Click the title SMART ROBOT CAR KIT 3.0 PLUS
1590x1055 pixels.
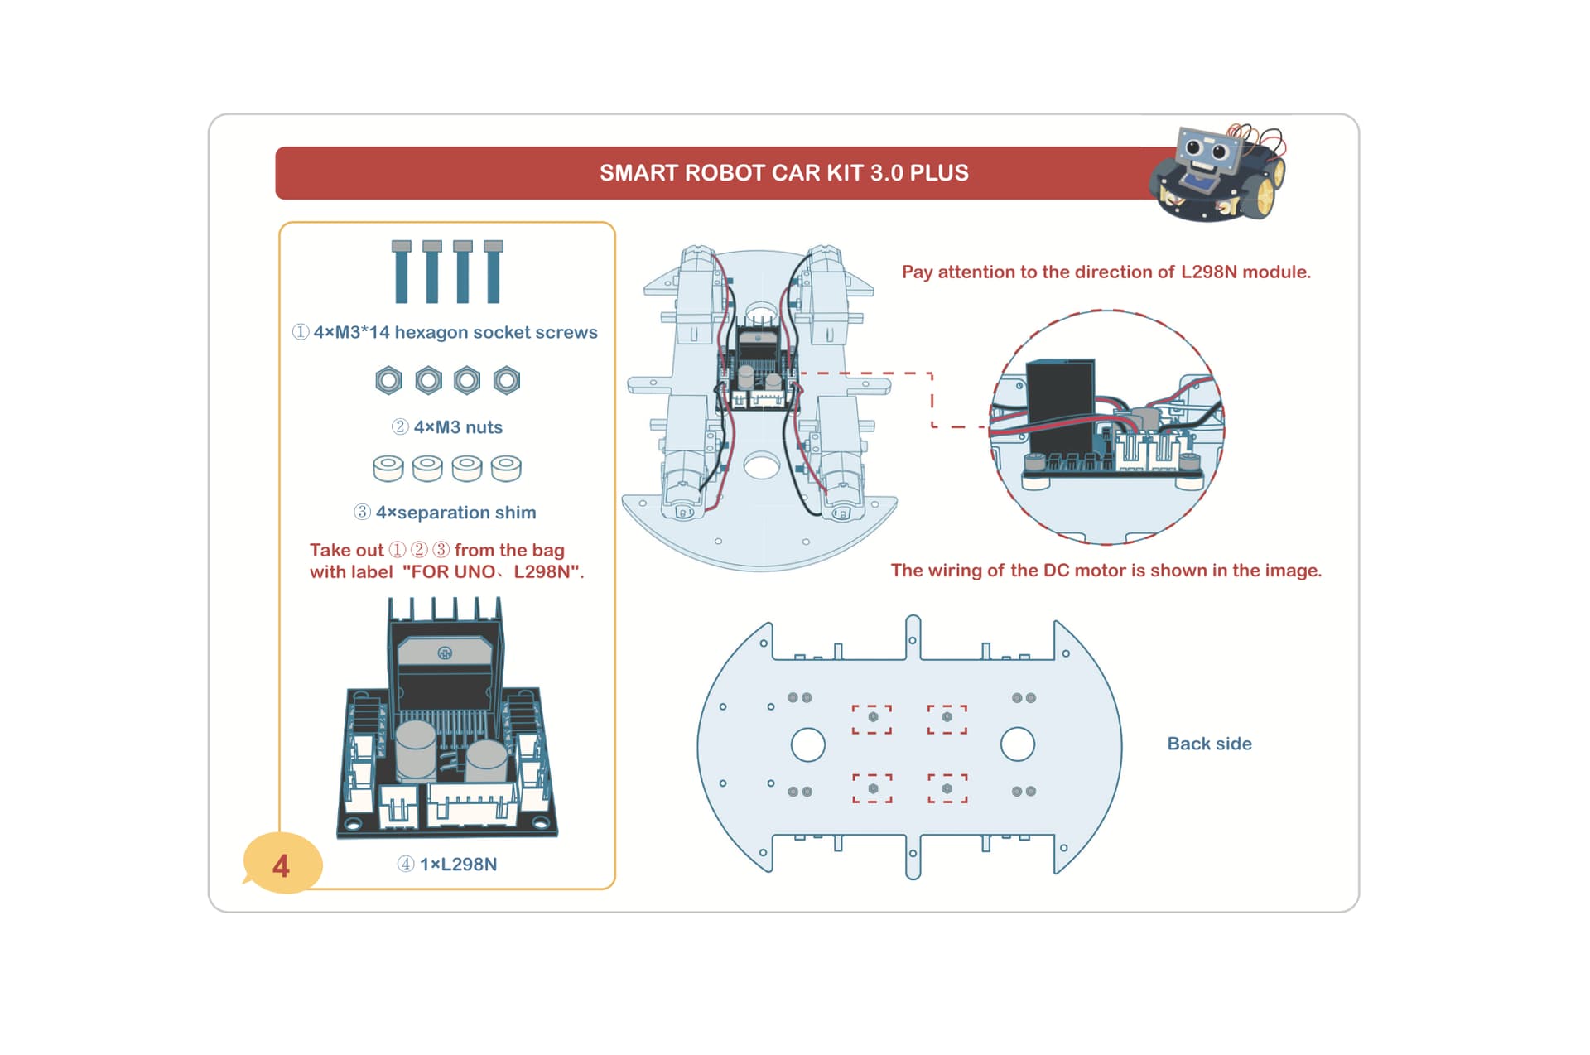tap(783, 173)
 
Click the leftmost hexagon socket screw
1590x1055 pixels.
tap(402, 272)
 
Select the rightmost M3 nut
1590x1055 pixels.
tap(507, 380)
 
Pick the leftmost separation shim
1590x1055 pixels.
tap(388, 468)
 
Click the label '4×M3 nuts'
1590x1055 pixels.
tap(458, 427)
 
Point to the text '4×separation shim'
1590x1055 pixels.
tap(455, 513)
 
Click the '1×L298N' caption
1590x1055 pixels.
tap(458, 864)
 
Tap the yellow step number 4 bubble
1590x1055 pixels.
tap(282, 864)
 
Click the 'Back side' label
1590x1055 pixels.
tap(1209, 744)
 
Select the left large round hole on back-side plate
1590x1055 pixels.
tap(807, 744)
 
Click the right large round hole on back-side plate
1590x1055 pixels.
tap(1018, 744)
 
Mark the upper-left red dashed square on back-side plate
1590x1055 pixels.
tap(872, 719)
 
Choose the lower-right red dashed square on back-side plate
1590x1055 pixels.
tap(947, 788)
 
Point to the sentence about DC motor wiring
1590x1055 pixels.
tap(1106, 571)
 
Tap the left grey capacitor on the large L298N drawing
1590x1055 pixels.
tap(415, 750)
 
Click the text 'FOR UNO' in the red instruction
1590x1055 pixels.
tap(453, 572)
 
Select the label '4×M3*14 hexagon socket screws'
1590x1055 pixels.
tap(455, 332)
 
